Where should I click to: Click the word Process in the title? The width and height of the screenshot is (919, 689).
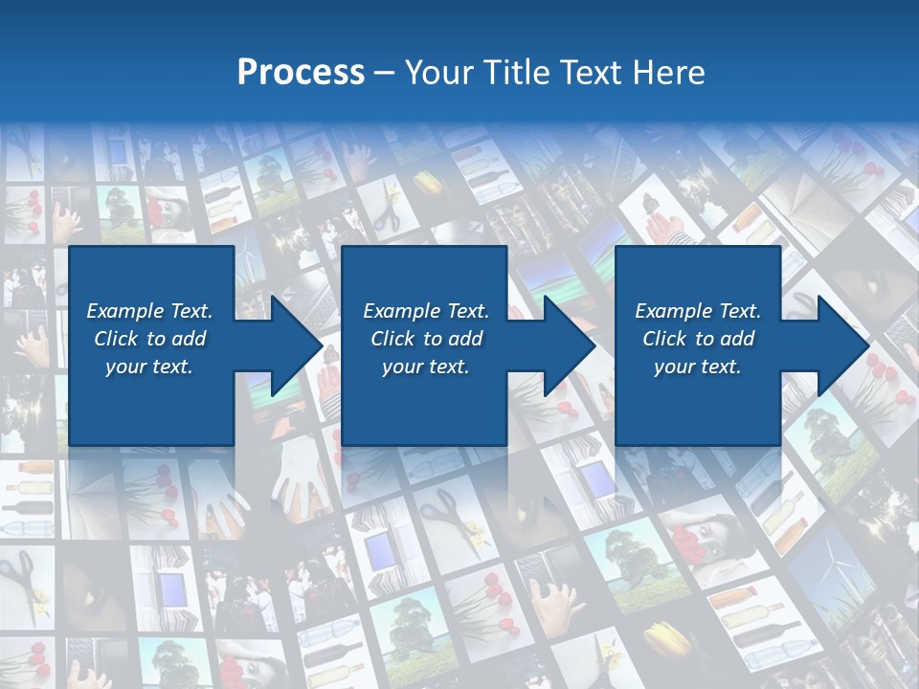[301, 73]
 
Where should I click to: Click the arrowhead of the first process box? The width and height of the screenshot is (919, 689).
[297, 345]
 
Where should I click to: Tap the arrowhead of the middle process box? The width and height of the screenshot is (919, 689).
[570, 345]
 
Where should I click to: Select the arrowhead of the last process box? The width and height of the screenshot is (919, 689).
[843, 345]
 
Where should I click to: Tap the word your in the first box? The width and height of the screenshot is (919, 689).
[123, 367]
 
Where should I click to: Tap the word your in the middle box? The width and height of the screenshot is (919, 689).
[400, 367]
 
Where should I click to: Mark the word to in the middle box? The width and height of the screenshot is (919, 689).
[434, 339]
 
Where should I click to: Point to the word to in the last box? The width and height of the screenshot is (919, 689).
[706, 339]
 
